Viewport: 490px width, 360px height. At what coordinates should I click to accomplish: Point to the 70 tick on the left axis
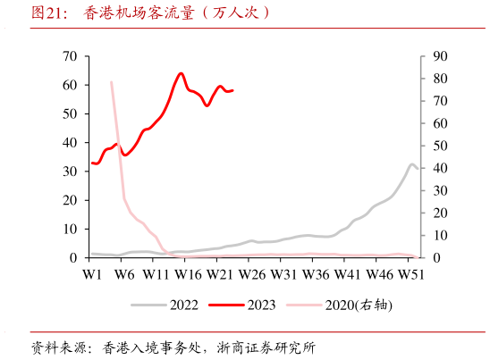[70, 56]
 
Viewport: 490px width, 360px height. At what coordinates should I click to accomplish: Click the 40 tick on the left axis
[70, 143]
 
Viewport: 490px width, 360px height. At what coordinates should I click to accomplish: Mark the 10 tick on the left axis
[70, 229]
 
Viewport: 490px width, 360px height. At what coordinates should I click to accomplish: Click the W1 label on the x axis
[91, 273]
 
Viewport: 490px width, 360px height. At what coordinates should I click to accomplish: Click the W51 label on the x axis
[410, 273]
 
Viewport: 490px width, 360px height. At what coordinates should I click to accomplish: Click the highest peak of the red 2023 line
[181, 73]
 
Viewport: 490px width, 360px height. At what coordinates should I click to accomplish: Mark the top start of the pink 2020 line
[111, 82]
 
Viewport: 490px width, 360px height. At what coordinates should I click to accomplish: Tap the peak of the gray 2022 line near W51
[412, 164]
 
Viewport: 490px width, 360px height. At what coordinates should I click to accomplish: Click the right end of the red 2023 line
[232, 90]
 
